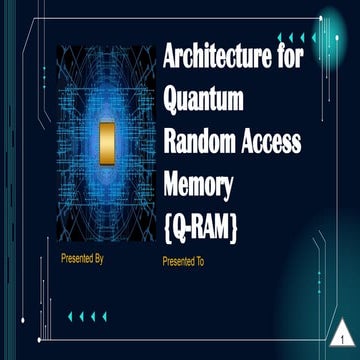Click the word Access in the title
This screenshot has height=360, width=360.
point(272,139)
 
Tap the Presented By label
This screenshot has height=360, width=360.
point(82,259)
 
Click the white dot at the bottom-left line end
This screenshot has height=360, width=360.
point(45,344)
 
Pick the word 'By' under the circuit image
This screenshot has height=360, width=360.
point(98,259)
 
